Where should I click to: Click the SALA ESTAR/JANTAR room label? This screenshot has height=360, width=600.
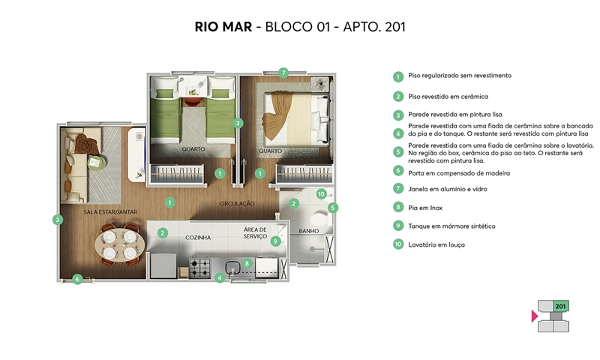coord(110,211)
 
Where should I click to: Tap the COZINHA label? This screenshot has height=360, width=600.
coord(198,238)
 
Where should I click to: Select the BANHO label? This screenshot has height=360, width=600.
coord(309,231)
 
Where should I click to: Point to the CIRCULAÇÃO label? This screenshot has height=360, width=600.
coord(236,203)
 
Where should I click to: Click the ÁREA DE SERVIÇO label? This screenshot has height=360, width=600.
coord(255,232)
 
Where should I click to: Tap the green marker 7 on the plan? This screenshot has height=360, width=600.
coord(283,73)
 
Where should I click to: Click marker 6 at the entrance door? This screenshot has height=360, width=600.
coord(77,279)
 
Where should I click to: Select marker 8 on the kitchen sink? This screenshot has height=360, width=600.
coord(247,263)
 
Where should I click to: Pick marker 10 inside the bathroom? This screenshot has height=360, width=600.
coord(321,194)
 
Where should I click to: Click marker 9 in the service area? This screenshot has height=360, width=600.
coord(275,241)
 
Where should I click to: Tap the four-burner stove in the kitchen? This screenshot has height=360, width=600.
coord(199,268)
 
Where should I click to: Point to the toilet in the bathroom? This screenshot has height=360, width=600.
coord(319,219)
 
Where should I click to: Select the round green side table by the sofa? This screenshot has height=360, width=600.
coord(96,163)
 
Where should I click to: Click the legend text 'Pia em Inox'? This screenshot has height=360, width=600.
coord(425,208)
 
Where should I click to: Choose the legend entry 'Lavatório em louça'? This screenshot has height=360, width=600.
coord(436,244)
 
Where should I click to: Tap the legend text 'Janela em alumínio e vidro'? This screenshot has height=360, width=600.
coord(447,189)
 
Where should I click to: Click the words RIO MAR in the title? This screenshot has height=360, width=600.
coord(223,27)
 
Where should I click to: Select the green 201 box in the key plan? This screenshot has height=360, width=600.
coord(560,306)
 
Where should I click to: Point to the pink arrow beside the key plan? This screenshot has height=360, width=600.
coord(535,316)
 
